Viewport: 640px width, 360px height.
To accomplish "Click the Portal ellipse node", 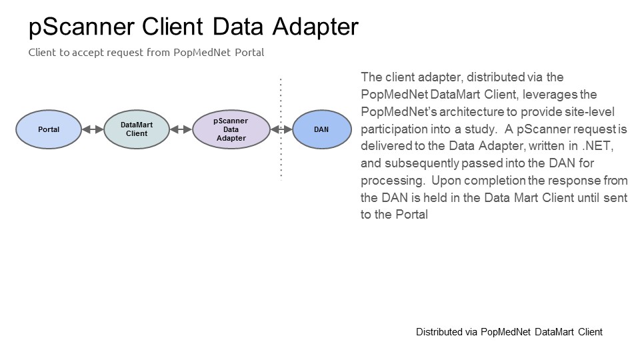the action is coord(49,129).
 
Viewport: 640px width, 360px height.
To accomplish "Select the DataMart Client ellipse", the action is coord(137,129).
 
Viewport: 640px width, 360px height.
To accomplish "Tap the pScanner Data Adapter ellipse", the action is coord(231,129).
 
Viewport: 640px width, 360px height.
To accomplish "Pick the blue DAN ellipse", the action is coord(321,129).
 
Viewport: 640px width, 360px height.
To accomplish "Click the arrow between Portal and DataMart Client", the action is coord(93,129).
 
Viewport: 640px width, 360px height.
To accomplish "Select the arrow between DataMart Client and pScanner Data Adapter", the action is coord(181,129).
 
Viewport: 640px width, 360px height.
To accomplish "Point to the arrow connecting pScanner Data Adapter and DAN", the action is coord(281,129).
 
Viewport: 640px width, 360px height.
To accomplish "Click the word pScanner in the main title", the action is coord(81,27).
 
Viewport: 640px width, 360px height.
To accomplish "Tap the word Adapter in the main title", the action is coord(315,27).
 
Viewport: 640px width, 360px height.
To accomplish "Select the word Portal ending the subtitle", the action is coord(249,52).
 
